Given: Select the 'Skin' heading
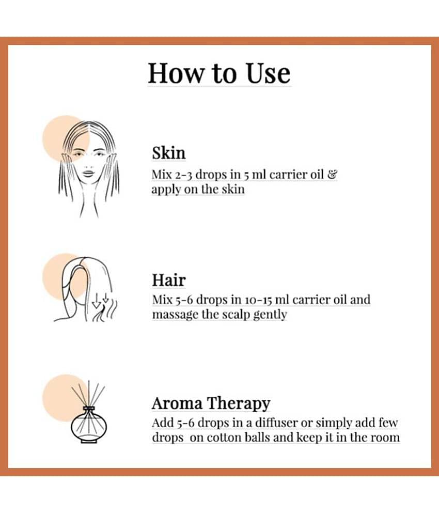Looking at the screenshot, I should pyautogui.click(x=168, y=153).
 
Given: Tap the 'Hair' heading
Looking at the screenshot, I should pyautogui.click(x=168, y=280).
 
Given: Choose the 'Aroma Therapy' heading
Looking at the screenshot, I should pyautogui.click(x=211, y=403).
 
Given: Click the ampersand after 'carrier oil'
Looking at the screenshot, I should pyautogui.click(x=333, y=174).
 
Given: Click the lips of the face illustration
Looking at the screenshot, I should pyautogui.click(x=88, y=173).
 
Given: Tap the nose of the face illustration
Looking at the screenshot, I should pyautogui.click(x=88, y=163).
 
